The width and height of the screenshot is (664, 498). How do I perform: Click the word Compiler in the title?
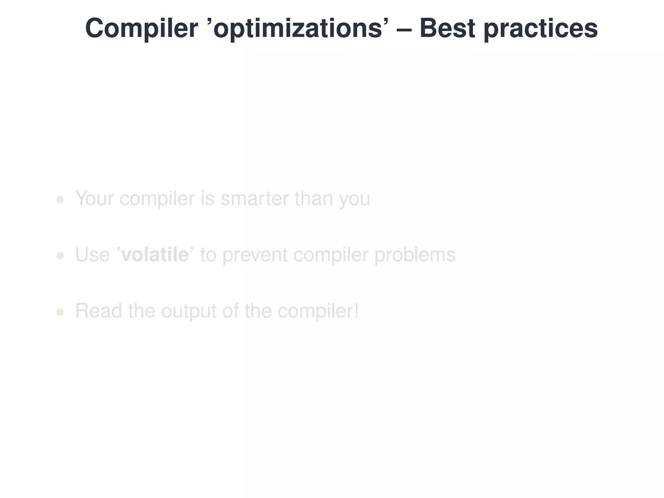[141, 29]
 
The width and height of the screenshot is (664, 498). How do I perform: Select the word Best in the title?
[447, 29]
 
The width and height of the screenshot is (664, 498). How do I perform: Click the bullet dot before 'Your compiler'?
[60, 199]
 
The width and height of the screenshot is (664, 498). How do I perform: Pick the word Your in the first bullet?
[94, 198]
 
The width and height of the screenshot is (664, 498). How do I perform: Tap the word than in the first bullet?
[314, 198]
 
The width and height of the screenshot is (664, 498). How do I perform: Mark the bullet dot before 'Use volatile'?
[60, 256]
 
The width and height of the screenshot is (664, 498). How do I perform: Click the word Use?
[92, 255]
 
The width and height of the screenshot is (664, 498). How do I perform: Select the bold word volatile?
[155, 255]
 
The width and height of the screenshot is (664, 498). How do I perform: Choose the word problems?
[415, 255]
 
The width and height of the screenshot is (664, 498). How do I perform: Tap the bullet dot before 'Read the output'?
[60, 312]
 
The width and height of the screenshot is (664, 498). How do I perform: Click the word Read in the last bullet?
[99, 311]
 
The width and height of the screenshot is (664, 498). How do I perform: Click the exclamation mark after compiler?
[356, 311]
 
